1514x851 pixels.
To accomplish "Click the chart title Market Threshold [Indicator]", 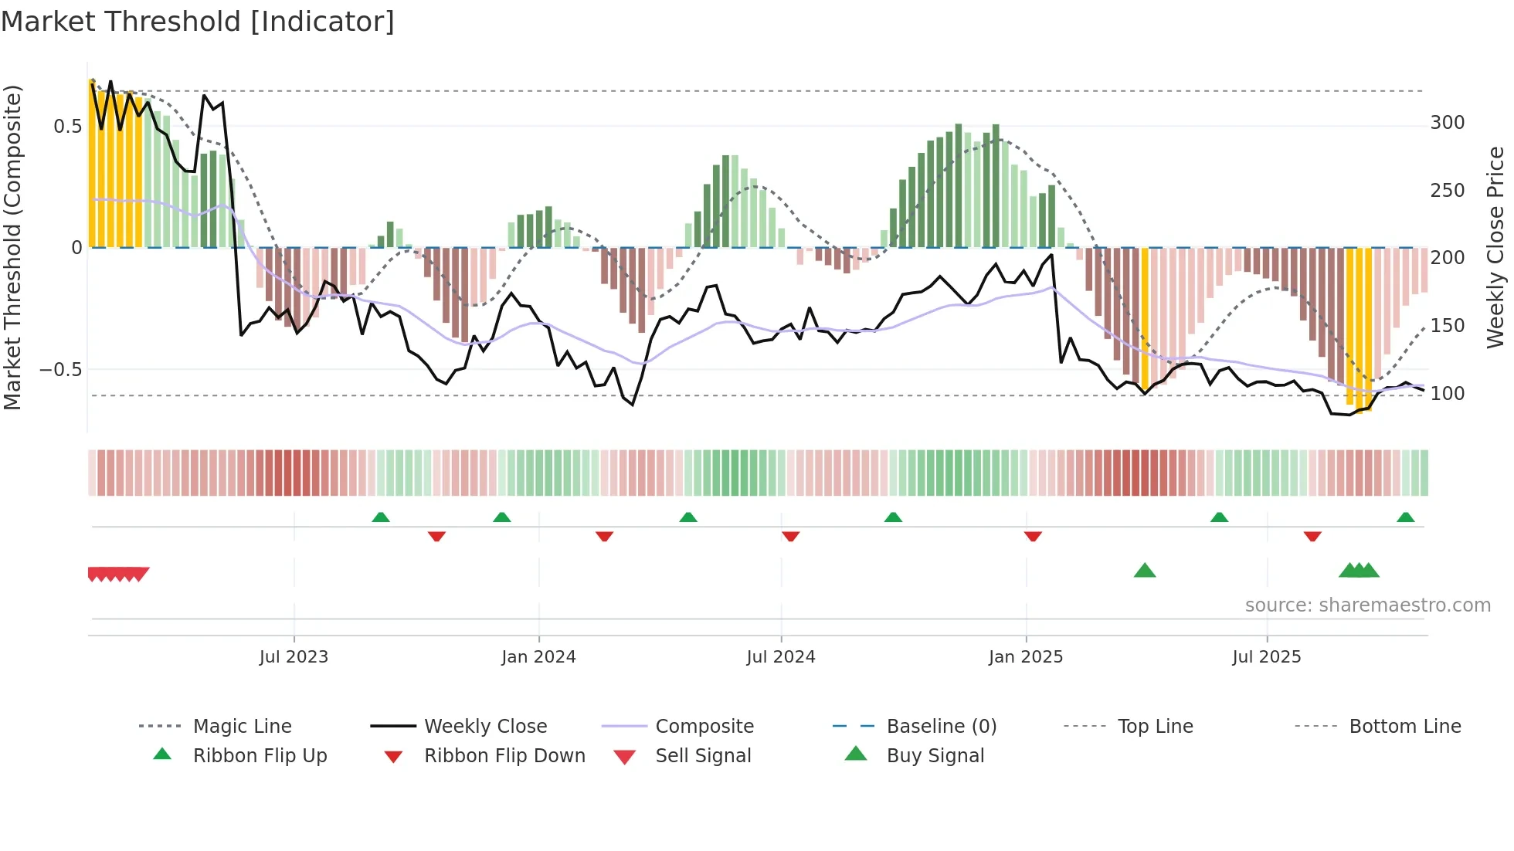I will tap(198, 22).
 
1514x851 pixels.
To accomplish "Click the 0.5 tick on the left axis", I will tap(67, 126).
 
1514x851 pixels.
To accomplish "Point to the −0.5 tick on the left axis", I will tap(61, 369).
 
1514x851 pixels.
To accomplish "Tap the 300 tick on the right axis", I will tap(1447, 123).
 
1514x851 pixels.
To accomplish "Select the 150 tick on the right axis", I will tap(1447, 326).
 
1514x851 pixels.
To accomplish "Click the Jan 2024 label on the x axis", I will tap(538, 657).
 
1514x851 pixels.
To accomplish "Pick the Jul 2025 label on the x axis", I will tap(1266, 657).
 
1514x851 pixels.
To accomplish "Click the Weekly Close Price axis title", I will tap(1495, 247).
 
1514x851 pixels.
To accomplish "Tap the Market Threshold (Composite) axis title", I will tap(12, 247).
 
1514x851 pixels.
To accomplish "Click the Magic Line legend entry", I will tap(242, 727).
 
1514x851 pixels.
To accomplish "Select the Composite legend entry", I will tap(704, 727).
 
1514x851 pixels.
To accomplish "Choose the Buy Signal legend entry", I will tap(935, 756).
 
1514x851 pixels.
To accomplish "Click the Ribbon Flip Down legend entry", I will tap(504, 756).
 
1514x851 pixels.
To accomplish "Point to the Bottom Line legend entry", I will tap(1404, 727).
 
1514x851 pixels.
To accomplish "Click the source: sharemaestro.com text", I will tap(1367, 605).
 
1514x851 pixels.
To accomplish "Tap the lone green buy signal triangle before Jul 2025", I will tap(1144, 571).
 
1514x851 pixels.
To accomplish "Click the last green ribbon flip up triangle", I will tap(1405, 517).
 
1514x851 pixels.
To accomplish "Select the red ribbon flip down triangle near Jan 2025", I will tap(1033, 536).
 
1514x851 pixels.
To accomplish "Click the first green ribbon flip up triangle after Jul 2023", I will tap(380, 517).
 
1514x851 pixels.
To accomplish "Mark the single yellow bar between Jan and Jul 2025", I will tap(1145, 317).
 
